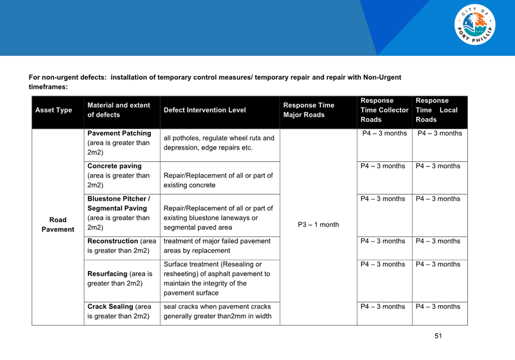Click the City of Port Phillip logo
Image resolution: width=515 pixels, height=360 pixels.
coord(474,25)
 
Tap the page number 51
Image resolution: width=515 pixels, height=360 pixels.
coord(438,336)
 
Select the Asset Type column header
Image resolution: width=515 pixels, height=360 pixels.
coord(54,110)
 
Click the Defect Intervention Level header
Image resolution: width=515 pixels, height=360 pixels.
coord(205,110)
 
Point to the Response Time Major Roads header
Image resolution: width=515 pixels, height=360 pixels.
coord(309,110)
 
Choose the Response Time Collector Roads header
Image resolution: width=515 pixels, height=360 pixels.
coord(384,110)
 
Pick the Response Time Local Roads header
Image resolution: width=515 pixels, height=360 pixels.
coord(436,110)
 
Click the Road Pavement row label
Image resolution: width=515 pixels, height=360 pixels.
coord(58,225)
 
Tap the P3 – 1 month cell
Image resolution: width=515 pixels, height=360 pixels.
coord(318,225)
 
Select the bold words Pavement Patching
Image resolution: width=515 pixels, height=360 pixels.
coord(119,134)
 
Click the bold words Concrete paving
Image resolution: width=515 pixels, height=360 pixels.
coord(114,166)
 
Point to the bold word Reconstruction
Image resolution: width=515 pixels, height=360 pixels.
coord(112,241)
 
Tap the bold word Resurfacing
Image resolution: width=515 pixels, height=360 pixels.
coord(107,274)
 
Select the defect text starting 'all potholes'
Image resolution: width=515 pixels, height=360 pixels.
coord(219,143)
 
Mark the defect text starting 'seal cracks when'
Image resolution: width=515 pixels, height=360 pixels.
coord(217,311)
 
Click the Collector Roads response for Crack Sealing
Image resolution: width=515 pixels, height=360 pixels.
coord(383,307)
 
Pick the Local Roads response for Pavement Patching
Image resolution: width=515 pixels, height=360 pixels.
coord(440,134)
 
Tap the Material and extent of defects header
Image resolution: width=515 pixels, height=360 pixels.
coord(119,110)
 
